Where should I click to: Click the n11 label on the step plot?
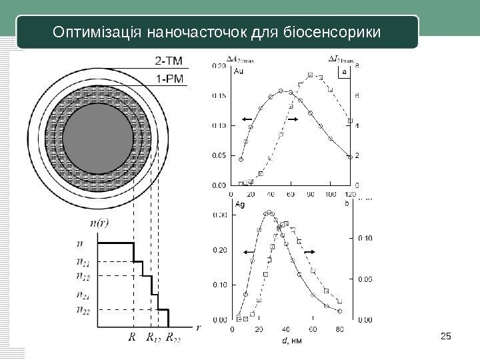click(84, 262)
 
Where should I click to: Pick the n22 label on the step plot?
click(84, 309)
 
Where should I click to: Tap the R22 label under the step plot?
click(175, 337)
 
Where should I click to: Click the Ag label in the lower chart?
click(238, 205)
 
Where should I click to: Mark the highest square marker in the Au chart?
click(311, 75)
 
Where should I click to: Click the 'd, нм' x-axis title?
click(293, 341)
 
